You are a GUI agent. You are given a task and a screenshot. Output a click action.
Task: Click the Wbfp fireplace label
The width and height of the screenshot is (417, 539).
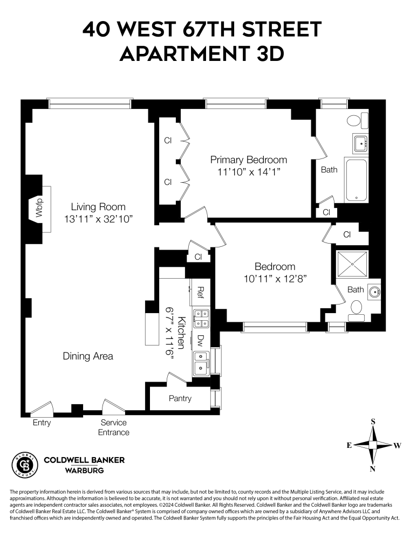39,209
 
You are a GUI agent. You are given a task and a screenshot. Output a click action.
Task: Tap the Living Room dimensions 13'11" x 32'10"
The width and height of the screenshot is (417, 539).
98,219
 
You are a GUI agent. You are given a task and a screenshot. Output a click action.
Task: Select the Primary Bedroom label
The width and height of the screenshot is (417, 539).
248,160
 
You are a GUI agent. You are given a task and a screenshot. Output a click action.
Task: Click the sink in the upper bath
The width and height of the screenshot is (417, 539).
360,143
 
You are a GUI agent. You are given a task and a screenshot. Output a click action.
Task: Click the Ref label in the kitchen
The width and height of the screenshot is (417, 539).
200,293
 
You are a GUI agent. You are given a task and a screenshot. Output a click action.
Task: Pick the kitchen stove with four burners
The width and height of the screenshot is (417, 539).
202,318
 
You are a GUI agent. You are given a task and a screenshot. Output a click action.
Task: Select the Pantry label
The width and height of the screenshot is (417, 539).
180,399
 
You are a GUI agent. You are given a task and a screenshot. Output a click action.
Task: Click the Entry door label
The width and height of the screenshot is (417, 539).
42,423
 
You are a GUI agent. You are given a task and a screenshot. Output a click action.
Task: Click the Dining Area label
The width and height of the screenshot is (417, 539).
88,356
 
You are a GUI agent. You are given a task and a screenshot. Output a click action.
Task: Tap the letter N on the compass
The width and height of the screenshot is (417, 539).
372,468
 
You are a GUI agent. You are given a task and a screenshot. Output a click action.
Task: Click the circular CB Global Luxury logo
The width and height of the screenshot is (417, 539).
24,465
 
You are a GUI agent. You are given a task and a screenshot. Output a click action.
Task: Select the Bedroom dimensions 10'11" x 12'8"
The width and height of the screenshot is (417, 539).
275,279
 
